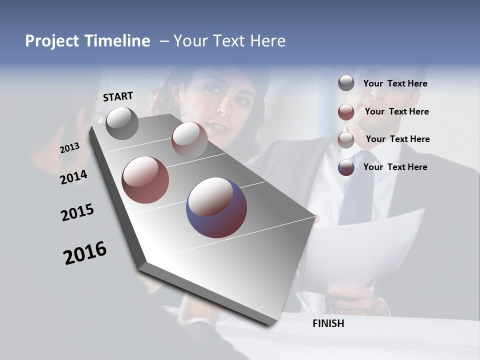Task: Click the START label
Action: pos(118,96)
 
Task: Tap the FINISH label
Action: pos(328,323)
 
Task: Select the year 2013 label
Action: pos(70,147)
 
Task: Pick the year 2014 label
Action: pos(73,177)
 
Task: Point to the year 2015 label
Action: pos(77,212)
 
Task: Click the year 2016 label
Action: pos(85,253)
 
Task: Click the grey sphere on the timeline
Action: pos(122,123)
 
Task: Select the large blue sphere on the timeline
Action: pos(216,207)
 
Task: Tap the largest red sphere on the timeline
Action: pos(145,179)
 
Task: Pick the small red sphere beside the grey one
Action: pos(189,139)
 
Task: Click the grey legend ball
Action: pos(346,83)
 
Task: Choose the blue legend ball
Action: pos(346,167)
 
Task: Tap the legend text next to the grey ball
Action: pos(395,83)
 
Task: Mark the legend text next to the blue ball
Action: pos(395,167)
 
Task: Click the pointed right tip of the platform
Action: pos(316,218)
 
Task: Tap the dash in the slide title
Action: pos(163,41)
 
